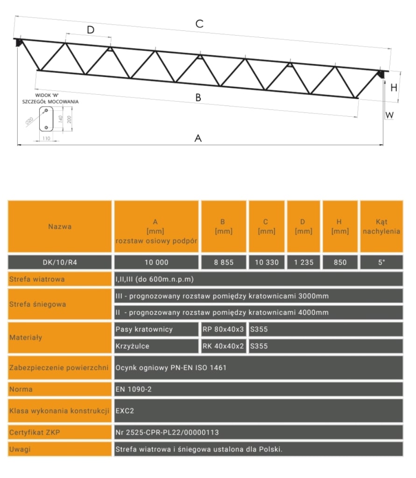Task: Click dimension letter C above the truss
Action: pos(199,24)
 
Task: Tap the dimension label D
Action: pos(91,30)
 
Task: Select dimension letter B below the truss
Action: pos(198,98)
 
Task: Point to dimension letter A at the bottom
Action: pos(198,138)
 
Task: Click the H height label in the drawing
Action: pos(394,87)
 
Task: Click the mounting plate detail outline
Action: pos(46,119)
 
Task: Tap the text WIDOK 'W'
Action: pos(47,95)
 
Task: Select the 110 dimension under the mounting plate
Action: pos(46,139)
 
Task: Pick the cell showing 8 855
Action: pos(223,262)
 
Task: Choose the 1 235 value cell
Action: pos(303,262)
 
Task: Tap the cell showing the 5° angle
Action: pos(381,262)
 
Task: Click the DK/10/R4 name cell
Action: pos(60,262)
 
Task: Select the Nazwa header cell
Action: pos(60,226)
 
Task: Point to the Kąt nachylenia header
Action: pos(381,226)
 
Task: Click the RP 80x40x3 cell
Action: pos(223,330)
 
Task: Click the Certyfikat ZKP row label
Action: pos(60,432)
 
